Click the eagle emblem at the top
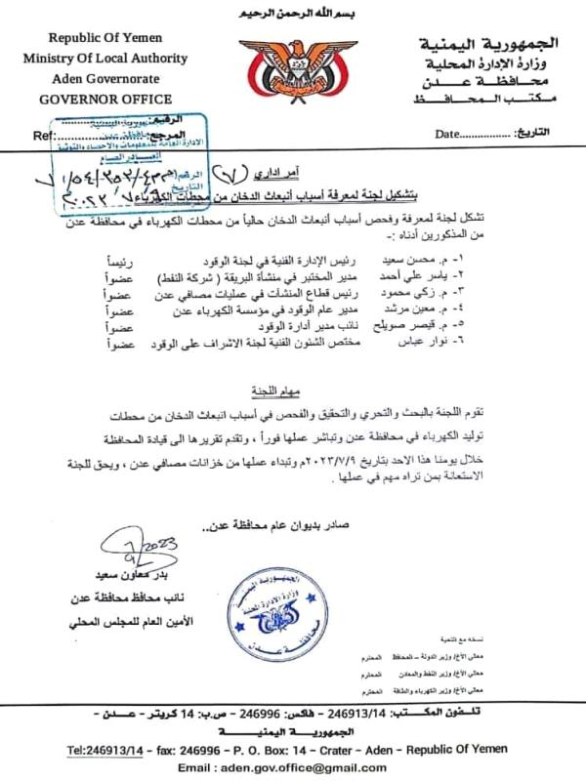pyautogui.click(x=292, y=68)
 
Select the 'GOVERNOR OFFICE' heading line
pyautogui.click(x=105, y=99)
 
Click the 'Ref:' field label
pyautogui.click(x=43, y=135)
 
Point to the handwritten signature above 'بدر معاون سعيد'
pyautogui.click(x=128, y=550)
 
